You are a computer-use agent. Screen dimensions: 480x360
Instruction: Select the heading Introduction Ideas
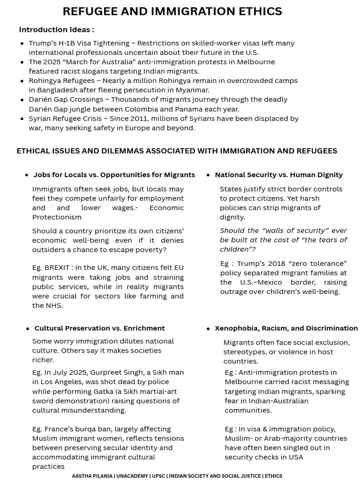(56, 30)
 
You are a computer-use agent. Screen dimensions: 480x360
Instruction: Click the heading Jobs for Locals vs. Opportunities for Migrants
(114, 175)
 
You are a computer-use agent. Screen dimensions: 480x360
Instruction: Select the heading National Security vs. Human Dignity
(278, 175)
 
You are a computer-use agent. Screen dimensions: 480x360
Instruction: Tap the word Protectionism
(57, 217)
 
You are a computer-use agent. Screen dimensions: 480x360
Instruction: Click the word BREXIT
(57, 268)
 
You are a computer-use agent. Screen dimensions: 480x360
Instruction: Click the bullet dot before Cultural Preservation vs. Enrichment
(28, 329)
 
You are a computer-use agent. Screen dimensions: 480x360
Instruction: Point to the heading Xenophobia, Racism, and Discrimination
(286, 328)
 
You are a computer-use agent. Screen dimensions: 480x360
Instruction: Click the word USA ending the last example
(296, 457)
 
